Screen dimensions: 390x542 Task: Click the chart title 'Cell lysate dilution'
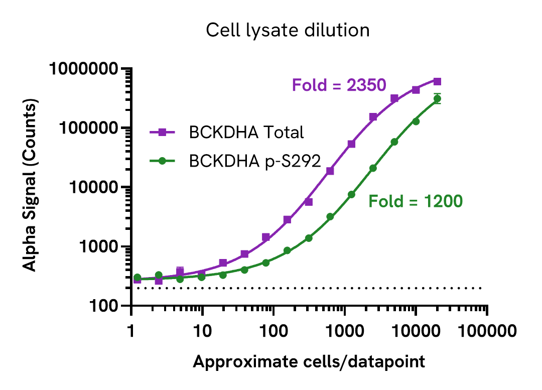coord(288,31)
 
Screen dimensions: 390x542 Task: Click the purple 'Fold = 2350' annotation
coord(339,85)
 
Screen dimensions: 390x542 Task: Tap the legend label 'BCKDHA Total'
coord(246,133)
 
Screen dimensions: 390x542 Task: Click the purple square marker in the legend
coord(162,133)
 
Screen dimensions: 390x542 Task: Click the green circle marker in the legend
coord(162,161)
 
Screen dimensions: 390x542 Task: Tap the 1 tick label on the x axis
coord(131,331)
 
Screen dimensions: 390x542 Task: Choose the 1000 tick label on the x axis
coord(344,331)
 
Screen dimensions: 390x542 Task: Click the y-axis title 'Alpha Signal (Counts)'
coord(31,187)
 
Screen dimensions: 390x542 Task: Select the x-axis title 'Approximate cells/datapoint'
coord(309,361)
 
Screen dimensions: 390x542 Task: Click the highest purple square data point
coord(437,81)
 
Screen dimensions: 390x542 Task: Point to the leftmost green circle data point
coord(137,278)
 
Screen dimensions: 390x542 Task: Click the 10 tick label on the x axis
coord(202,331)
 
